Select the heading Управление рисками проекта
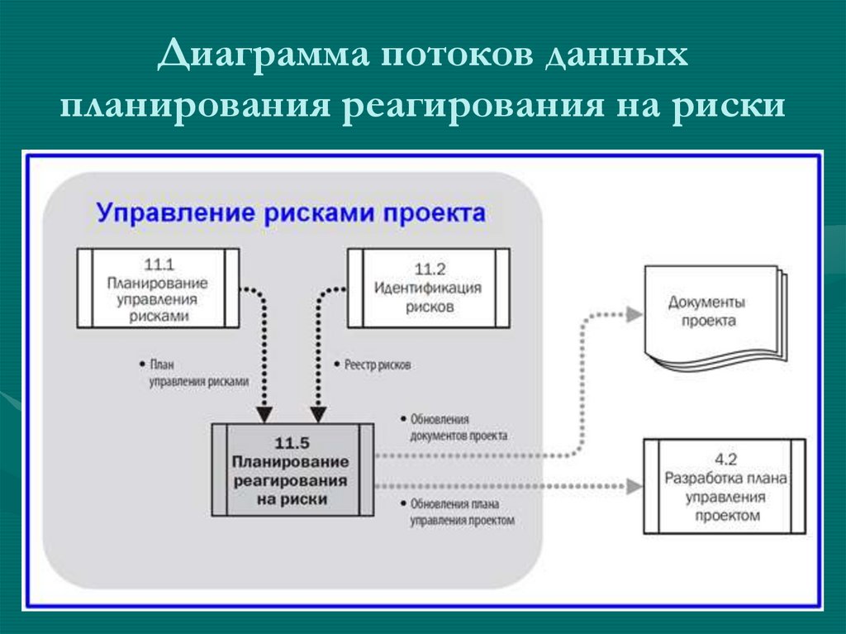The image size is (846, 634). tap(291, 212)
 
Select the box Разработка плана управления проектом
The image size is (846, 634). tap(724, 487)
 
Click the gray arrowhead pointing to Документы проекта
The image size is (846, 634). tap(634, 314)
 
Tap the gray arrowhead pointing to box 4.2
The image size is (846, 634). tap(632, 487)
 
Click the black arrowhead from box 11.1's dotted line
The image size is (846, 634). tap(264, 412)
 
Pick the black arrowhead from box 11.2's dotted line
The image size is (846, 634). tap(316, 412)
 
